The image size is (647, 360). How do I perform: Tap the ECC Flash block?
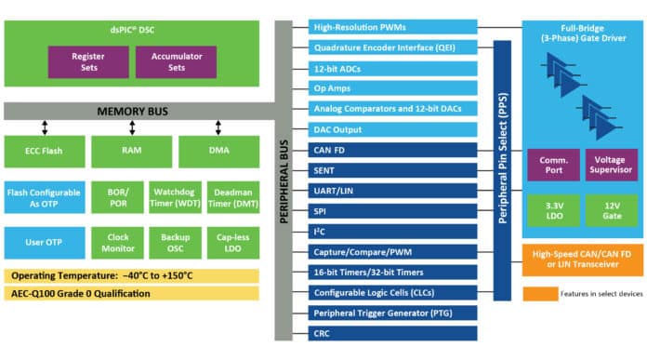point(45,151)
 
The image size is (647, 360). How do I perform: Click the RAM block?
point(132,151)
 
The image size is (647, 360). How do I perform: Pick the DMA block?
point(218,151)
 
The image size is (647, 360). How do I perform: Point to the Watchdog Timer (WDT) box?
point(176,198)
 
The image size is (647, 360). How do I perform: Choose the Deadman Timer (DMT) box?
point(232,198)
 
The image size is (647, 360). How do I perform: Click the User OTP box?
point(45,243)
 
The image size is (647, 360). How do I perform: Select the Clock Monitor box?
point(118,243)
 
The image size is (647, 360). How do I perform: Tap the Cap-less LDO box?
point(232,243)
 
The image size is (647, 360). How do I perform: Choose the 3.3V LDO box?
point(554,210)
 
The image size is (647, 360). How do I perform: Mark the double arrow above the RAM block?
point(132,126)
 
